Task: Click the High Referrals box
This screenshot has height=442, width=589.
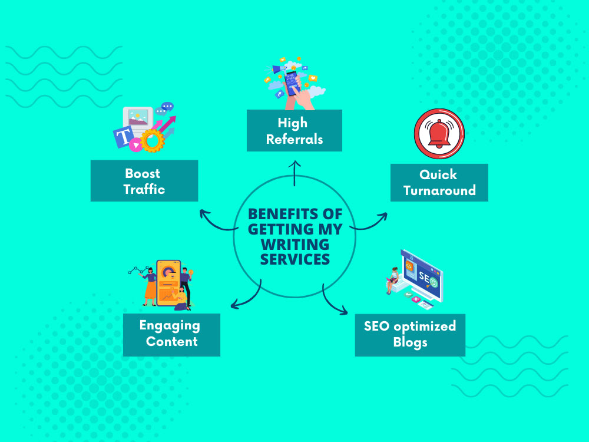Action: pyautogui.click(x=294, y=130)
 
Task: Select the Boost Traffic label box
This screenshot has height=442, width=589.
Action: pyautogui.click(x=144, y=181)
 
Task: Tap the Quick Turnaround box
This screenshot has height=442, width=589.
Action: pyautogui.click(x=439, y=183)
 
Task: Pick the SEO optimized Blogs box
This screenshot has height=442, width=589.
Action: pyautogui.click(x=410, y=335)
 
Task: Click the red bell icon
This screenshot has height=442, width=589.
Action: pyautogui.click(x=439, y=134)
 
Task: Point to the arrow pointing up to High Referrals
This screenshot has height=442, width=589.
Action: pyautogui.click(x=294, y=173)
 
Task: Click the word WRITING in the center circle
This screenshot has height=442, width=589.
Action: pyautogui.click(x=295, y=245)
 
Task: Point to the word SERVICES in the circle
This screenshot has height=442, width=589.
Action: pyautogui.click(x=295, y=259)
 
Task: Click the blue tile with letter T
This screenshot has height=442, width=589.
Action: pyautogui.click(x=124, y=137)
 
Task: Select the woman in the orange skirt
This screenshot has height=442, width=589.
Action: pyautogui.click(x=149, y=286)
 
